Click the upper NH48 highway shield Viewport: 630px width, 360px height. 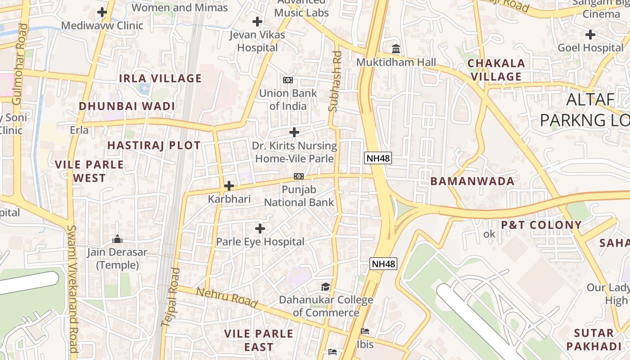(x=378, y=158)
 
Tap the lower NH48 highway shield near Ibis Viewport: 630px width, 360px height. (x=383, y=264)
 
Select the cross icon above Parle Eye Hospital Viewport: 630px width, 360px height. (x=260, y=229)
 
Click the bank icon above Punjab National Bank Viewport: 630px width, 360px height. (x=299, y=176)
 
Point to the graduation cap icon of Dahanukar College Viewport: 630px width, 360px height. (x=325, y=287)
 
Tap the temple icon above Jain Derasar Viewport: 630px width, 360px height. (x=117, y=238)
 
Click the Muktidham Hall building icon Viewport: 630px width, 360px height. (x=396, y=49)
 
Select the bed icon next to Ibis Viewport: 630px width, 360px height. (x=365, y=331)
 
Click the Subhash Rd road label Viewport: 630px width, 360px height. (x=335, y=81)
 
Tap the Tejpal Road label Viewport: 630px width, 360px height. (x=171, y=297)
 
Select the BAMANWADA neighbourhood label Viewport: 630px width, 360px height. (x=472, y=181)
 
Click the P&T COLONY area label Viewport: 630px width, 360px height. (x=541, y=225)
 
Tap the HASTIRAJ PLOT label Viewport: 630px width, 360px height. (x=154, y=145)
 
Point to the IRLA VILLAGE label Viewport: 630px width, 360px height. (x=160, y=78)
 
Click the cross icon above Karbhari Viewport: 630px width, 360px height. (x=229, y=185)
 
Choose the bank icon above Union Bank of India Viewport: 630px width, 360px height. (x=288, y=80)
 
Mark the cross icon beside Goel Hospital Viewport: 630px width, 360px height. (x=590, y=34)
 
